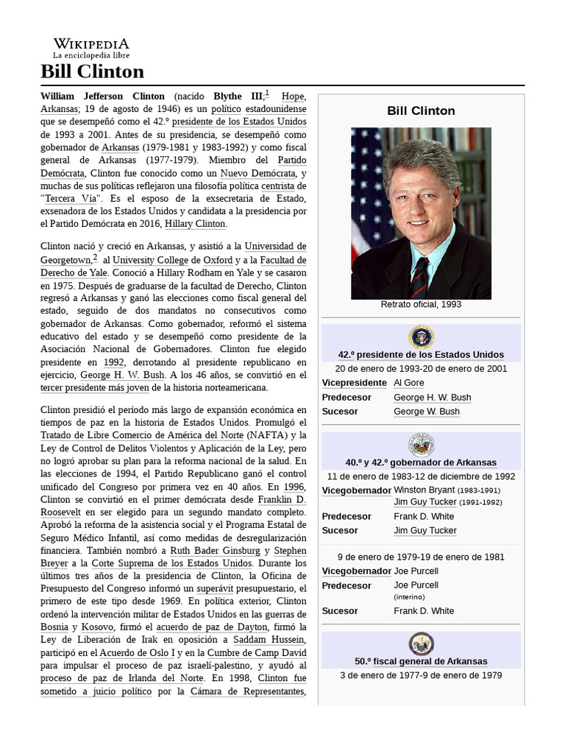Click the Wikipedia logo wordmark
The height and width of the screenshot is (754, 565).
(90, 44)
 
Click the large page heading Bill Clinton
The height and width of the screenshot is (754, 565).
(92, 71)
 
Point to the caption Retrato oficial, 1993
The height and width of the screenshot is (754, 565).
(421, 305)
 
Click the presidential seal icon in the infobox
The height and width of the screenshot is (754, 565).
(422, 337)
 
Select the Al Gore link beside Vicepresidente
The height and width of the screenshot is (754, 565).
(409, 383)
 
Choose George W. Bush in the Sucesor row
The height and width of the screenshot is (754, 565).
(426, 412)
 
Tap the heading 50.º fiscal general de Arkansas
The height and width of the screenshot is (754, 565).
(421, 661)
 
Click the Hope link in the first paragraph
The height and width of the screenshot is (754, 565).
(294, 96)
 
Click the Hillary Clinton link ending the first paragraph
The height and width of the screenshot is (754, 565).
(196, 224)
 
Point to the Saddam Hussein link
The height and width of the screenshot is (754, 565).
(269, 639)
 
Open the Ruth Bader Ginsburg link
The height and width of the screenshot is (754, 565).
(215, 550)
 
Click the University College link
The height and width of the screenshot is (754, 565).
(150, 260)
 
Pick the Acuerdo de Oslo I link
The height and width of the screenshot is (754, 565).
(138, 653)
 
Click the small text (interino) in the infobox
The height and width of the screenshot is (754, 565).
(409, 597)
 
